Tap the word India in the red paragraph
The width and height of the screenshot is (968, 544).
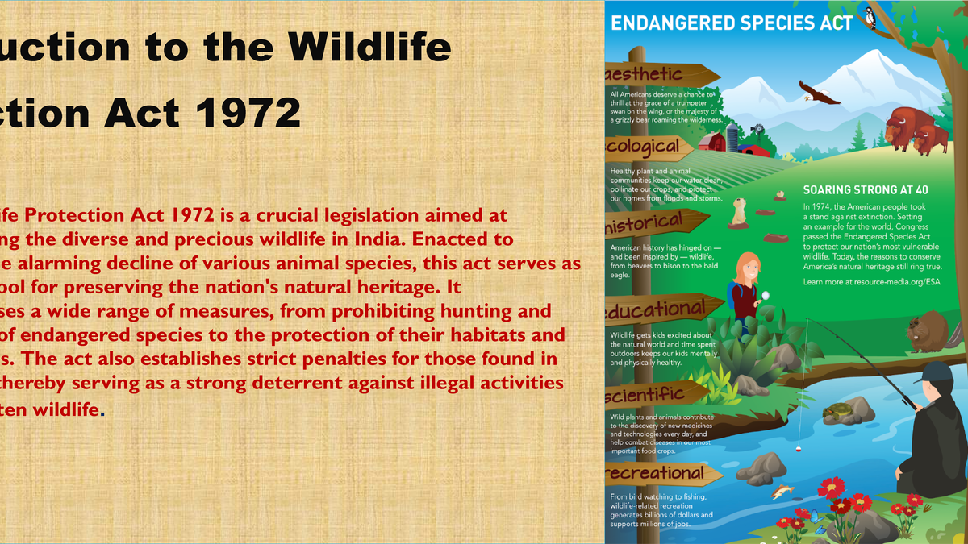click(484, 239)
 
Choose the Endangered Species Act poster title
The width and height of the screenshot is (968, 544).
click(732, 23)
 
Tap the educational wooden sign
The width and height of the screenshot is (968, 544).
click(657, 309)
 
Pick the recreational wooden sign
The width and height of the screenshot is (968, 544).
click(657, 471)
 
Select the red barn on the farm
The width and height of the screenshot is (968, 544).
click(713, 143)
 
